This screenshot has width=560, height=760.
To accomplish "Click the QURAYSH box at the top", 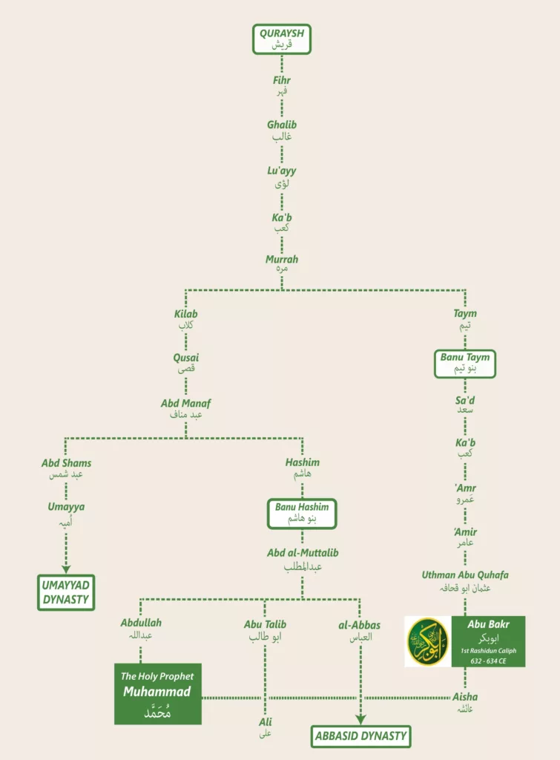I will point(280,39).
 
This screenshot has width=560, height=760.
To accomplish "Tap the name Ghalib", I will point(281,125).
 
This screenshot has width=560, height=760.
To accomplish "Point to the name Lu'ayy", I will point(281,171).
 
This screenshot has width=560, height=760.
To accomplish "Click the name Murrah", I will point(281,260).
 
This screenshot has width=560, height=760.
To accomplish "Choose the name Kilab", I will point(185,314).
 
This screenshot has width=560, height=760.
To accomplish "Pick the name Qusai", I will point(185,358).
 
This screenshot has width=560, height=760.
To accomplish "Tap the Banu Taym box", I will point(465,364).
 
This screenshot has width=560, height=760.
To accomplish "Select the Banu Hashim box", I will point(301,513).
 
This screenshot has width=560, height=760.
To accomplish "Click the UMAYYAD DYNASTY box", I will point(67,592).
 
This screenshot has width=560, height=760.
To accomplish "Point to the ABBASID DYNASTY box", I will point(360,736).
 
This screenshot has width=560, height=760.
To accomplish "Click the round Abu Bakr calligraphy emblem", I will point(429,641).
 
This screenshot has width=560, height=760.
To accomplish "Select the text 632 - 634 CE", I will point(487,661).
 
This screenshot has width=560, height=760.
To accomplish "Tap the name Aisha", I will point(465,697).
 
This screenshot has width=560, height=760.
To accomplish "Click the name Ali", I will point(265,721).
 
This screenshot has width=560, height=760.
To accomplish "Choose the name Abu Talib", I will point(265,625).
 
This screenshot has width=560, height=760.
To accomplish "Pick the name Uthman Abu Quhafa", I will point(465,574).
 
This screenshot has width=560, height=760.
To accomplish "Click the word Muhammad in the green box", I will point(157,692).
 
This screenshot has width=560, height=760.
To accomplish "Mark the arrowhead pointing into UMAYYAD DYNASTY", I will point(67,569).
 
